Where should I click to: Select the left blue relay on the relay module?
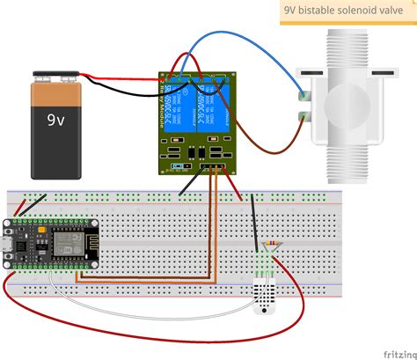[x=182, y=107]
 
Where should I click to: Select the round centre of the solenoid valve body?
[x=369, y=104]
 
